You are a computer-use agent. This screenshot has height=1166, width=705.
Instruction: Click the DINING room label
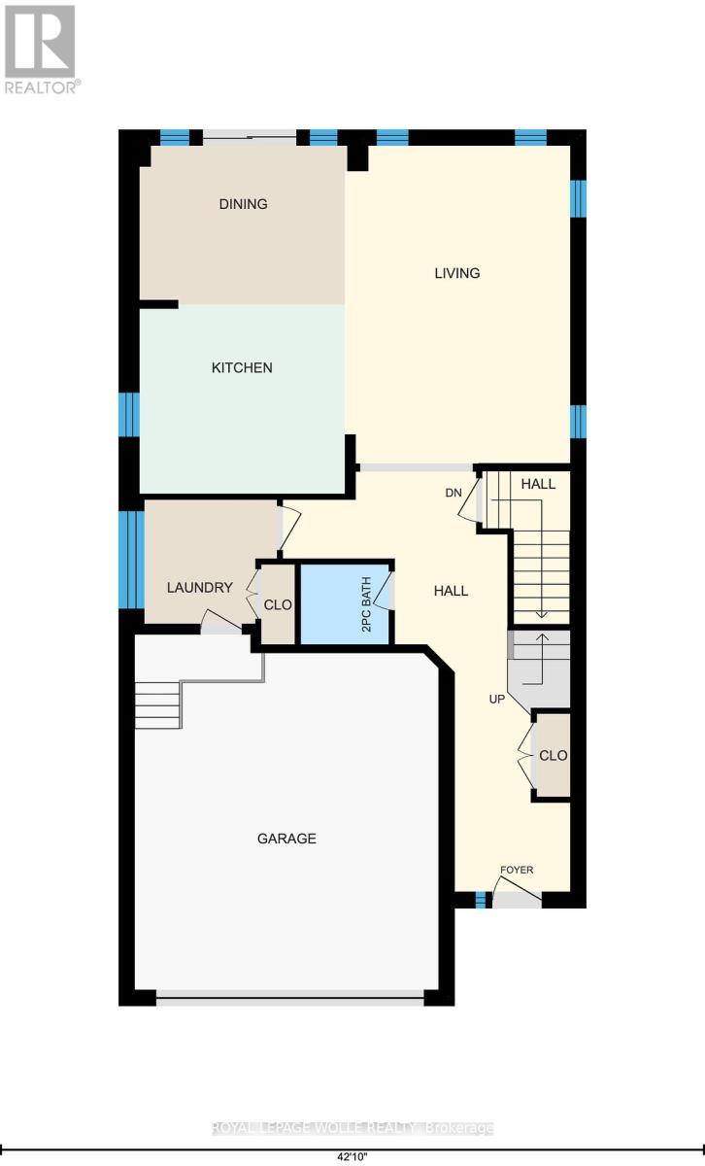(243, 204)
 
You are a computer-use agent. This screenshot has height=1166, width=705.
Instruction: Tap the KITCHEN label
(243, 368)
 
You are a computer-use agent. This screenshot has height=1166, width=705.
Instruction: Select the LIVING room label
(456, 273)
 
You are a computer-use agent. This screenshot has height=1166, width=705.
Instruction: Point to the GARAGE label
(286, 839)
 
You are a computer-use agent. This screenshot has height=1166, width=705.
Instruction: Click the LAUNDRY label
(199, 588)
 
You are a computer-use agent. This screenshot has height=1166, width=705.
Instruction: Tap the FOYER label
(517, 870)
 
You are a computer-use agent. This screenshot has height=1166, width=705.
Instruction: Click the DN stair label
(453, 493)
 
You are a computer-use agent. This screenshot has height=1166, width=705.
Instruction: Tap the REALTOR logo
(42, 49)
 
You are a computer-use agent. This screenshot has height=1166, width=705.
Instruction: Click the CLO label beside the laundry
(278, 603)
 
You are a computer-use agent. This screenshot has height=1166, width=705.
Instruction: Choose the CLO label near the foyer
(553, 755)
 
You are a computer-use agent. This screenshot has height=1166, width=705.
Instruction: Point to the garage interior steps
(157, 704)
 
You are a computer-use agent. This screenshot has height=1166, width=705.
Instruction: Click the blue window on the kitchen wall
(129, 414)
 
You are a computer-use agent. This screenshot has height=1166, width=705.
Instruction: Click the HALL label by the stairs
(538, 484)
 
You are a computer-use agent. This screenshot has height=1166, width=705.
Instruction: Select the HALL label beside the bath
(451, 591)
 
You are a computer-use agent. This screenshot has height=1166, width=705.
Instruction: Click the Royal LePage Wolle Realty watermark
(352, 1128)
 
